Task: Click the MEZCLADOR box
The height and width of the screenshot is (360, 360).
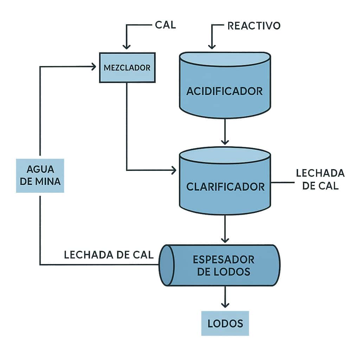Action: click(x=127, y=67)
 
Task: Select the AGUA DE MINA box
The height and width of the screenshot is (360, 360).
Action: click(x=40, y=175)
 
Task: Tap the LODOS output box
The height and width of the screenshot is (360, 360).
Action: click(x=225, y=323)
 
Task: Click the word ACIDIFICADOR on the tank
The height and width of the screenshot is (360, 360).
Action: click(x=225, y=91)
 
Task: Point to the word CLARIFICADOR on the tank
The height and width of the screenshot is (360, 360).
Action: click(x=225, y=186)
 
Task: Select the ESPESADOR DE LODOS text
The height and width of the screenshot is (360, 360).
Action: click(x=224, y=265)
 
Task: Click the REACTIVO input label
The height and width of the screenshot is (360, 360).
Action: click(x=254, y=26)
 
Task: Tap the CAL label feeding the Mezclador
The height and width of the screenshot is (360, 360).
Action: click(x=165, y=25)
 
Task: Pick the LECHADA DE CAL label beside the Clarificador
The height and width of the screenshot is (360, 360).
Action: click(x=320, y=179)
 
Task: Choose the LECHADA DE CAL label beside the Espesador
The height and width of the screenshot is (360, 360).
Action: click(x=109, y=255)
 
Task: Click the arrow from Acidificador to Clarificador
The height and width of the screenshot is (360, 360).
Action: click(x=225, y=132)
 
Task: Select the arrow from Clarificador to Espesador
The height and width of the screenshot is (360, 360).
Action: click(x=225, y=229)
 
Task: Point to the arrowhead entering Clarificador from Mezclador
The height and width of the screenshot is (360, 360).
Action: click(x=173, y=171)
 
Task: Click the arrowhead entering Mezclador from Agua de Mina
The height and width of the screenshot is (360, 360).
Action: click(x=94, y=66)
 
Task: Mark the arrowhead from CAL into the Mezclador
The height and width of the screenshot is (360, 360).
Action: click(x=127, y=46)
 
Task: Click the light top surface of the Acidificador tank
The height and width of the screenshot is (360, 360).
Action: click(x=225, y=58)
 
